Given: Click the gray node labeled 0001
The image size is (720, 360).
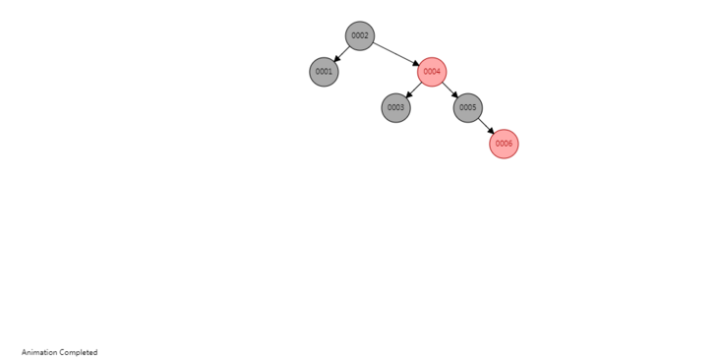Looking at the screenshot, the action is click(x=324, y=72).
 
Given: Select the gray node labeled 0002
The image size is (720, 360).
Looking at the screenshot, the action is click(x=360, y=36).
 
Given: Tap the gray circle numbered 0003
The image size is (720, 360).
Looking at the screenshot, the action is click(x=395, y=108).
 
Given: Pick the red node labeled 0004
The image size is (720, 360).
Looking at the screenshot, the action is click(x=432, y=72).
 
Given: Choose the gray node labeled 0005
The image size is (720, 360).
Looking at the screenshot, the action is click(x=468, y=108).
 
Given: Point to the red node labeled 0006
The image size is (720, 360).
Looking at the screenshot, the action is click(x=504, y=144).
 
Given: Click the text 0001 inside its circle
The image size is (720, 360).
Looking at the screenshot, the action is click(x=324, y=72).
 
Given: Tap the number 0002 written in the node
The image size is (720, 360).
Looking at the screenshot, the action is click(x=360, y=36).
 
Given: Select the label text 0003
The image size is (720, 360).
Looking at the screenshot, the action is click(x=395, y=108).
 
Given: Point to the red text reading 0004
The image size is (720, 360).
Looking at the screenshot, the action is click(x=432, y=72).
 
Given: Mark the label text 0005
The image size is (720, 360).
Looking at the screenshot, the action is click(x=468, y=108).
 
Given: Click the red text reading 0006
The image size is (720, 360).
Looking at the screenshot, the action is click(x=504, y=144).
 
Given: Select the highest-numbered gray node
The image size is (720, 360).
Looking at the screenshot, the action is click(x=468, y=108).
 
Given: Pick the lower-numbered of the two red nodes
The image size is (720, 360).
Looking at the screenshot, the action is click(x=432, y=72).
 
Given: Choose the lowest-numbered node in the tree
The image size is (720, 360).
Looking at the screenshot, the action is click(x=324, y=72).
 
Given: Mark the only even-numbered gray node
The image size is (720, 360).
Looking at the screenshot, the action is click(x=360, y=36).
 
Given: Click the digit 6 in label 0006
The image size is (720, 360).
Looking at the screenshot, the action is click(x=510, y=144).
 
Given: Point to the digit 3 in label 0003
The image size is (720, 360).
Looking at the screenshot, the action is click(x=402, y=108).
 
